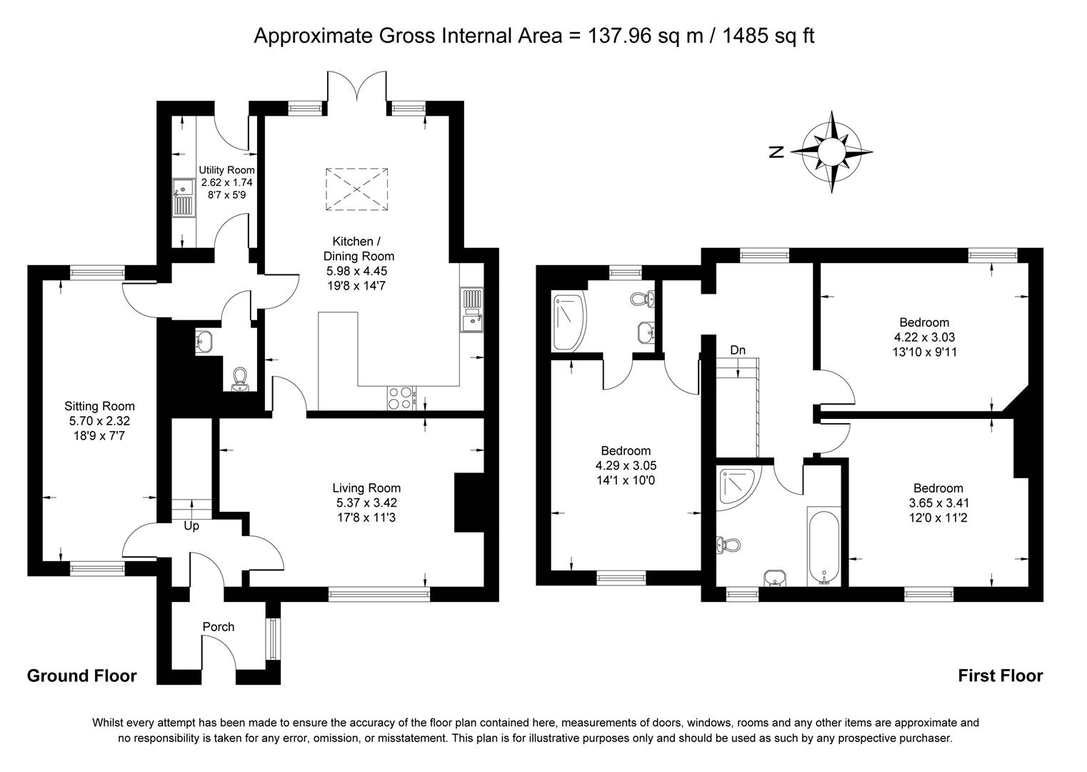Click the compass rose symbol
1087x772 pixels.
pos(831,152)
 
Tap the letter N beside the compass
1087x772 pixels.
pos(777,152)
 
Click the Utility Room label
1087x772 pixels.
pos(226,170)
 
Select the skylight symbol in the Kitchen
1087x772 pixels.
pos(357,189)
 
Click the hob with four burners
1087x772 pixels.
pos(401,397)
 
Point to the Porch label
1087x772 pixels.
pos(218,627)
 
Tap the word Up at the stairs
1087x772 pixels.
pos(191,526)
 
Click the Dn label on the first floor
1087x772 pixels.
pos(738,350)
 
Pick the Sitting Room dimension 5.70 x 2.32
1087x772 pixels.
pos(99,421)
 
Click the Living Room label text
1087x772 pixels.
pos(366,488)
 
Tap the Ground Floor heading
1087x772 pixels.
pos(81,675)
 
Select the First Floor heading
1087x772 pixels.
pos(1000,675)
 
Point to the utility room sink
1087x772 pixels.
pos(184,198)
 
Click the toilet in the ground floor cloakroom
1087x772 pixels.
pos(240,379)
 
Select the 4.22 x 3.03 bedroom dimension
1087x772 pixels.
pos(924,337)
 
